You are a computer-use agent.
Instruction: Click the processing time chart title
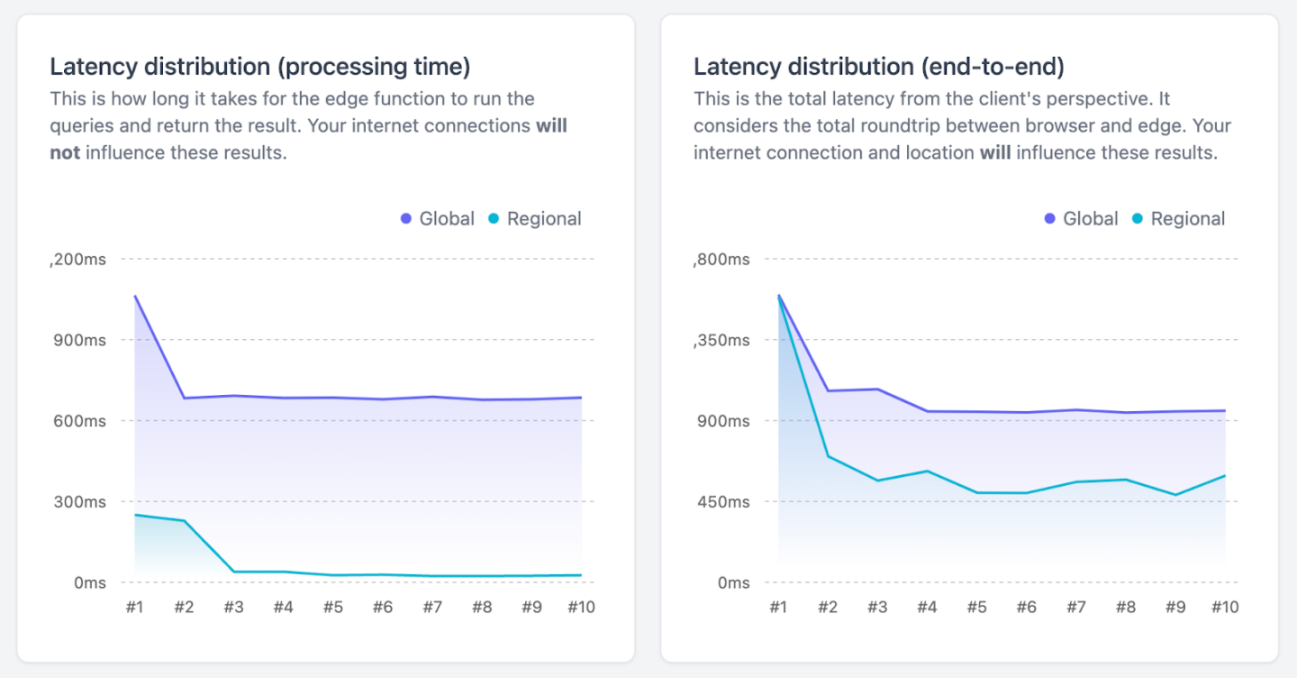(260, 67)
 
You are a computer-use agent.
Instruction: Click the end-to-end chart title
(879, 67)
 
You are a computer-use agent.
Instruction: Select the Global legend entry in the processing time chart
(438, 219)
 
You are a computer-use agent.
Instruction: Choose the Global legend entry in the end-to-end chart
(1082, 219)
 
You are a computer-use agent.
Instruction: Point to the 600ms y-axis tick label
(77, 421)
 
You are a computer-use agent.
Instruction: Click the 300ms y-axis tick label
(77, 501)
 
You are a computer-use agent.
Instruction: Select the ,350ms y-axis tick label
(721, 340)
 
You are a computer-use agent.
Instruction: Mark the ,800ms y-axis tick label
(721, 260)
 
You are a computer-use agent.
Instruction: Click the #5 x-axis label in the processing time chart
(333, 608)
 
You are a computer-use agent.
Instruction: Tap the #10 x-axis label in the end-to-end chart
(1224, 608)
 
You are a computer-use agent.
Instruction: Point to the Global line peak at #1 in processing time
(135, 296)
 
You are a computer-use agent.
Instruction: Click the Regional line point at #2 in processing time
(185, 521)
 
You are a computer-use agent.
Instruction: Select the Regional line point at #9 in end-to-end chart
(1175, 495)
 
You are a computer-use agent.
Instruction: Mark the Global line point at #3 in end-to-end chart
(878, 389)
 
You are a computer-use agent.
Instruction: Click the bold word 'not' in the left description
(65, 153)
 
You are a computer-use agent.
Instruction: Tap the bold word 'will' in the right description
(995, 153)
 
